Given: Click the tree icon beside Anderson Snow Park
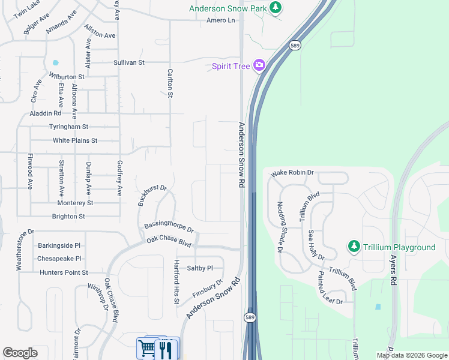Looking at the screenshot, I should pos(276,8).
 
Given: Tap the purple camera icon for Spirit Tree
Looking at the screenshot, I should pos(259,65).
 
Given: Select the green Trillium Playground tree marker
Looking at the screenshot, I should pos(354,247).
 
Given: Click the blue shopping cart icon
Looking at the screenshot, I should pos(146,348).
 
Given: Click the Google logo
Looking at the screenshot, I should pos(20,353).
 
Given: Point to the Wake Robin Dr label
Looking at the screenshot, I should pos(292,173).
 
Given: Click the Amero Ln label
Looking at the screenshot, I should pos(220,20).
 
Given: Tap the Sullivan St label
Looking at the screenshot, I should pos(129,62).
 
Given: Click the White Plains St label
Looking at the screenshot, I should pos(75,140).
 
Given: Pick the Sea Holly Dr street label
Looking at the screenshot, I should pos(316,245).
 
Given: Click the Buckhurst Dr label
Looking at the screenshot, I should pos(151,194).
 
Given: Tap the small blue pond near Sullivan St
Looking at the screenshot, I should pos(56,62).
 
